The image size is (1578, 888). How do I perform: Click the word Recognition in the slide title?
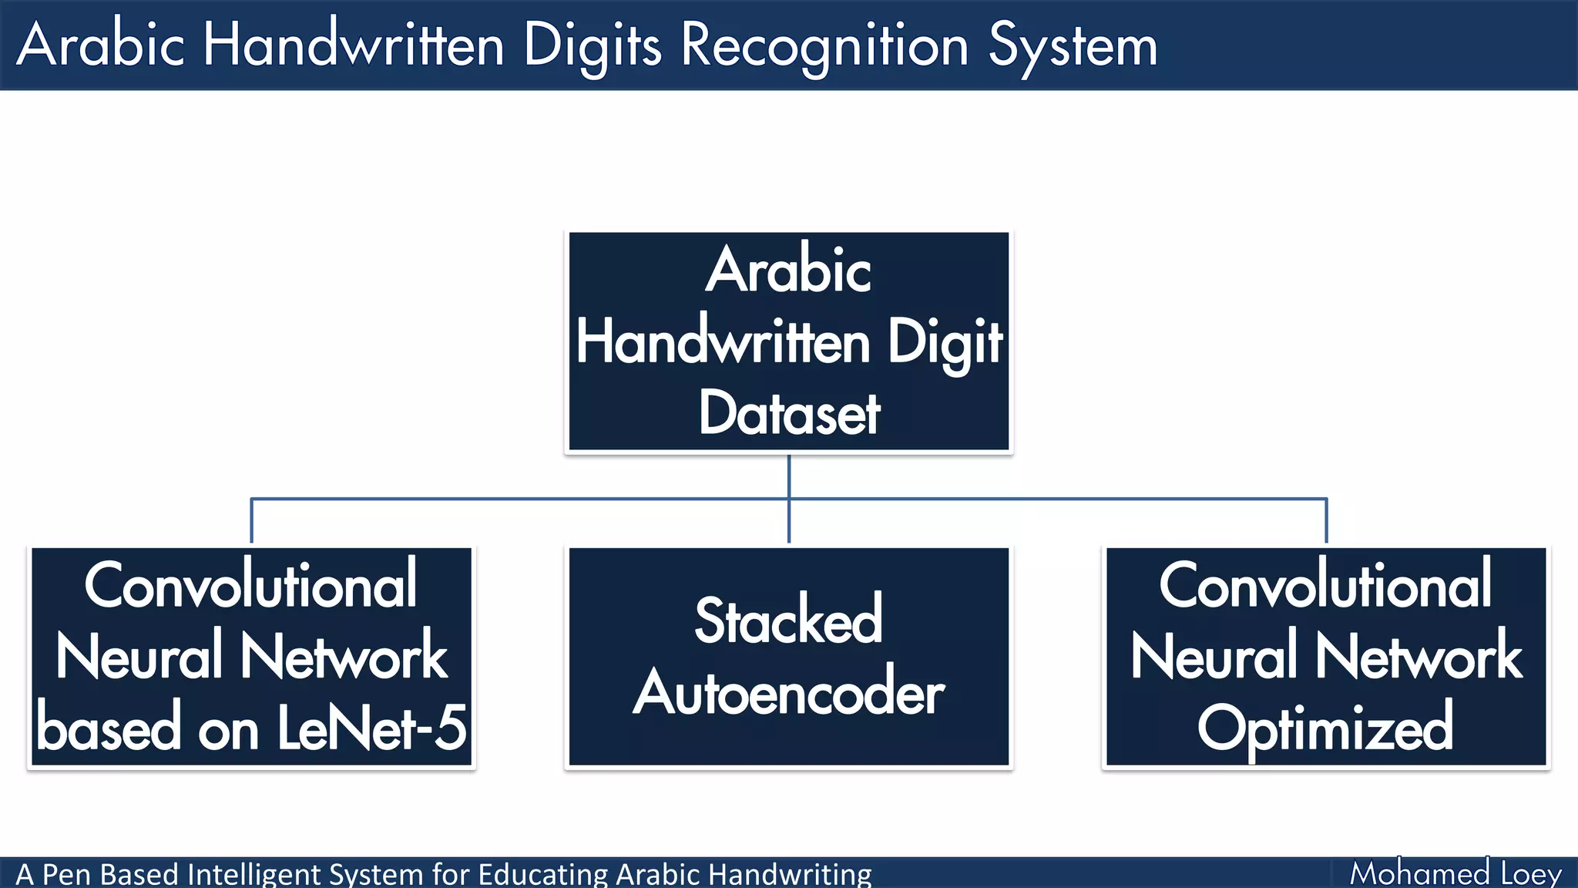824,46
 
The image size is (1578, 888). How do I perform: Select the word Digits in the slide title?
592,46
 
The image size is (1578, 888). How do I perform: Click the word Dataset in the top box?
789,414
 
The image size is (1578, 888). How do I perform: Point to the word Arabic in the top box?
788,270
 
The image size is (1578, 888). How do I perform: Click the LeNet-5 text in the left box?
371,728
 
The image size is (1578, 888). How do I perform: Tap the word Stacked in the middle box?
788,621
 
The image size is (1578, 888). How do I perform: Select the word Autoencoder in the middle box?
788,692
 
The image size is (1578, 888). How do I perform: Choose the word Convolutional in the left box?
250,586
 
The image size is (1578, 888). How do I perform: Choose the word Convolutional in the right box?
1325,586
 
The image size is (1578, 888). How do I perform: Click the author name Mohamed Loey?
1455,873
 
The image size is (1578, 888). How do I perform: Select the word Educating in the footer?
542,875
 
